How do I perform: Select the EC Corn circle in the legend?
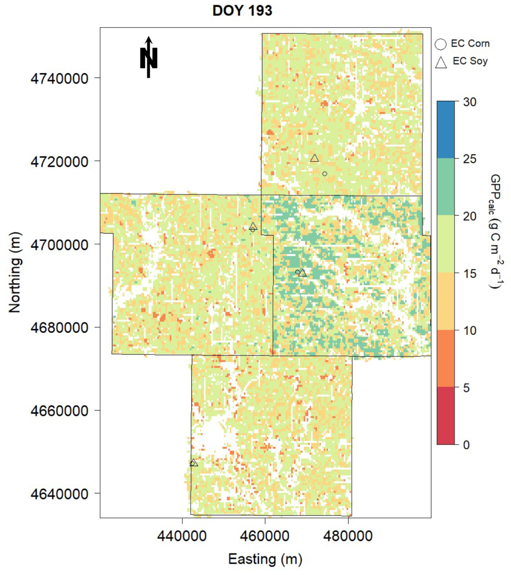coord(440,44)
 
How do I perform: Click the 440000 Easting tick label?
coord(182,535)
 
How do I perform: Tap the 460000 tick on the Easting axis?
coord(265,535)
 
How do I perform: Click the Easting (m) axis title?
coord(265,559)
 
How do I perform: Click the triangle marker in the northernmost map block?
coord(314,158)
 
